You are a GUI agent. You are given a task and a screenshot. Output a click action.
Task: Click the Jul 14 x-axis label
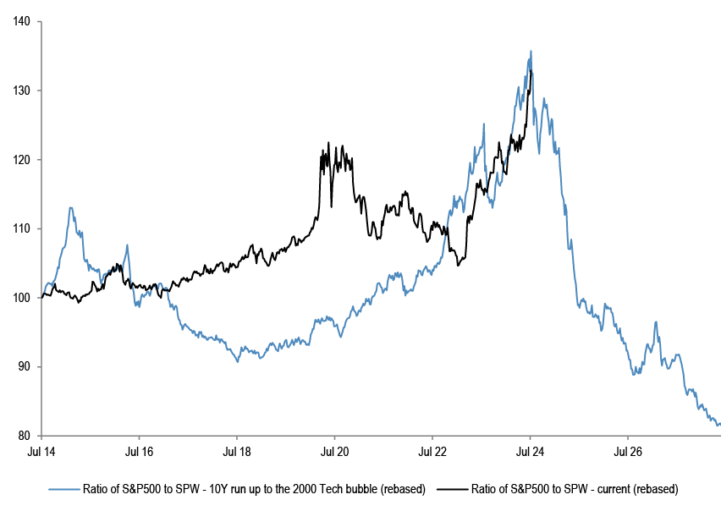(41, 452)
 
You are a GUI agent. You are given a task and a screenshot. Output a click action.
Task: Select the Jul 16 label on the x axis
(139, 452)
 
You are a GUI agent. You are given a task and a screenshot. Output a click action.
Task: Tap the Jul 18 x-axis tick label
(237, 452)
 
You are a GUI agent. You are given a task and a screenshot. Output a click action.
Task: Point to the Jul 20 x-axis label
(334, 452)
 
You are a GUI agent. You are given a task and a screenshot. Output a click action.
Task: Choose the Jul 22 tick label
(432, 452)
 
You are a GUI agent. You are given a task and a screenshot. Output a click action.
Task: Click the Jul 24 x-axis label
(530, 452)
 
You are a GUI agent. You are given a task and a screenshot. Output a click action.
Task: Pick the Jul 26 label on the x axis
(628, 452)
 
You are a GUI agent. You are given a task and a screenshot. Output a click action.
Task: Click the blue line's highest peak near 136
(531, 51)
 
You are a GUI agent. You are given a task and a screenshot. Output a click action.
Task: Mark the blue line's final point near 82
(719, 424)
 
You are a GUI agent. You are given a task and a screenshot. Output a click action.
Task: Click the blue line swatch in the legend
(64, 489)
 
